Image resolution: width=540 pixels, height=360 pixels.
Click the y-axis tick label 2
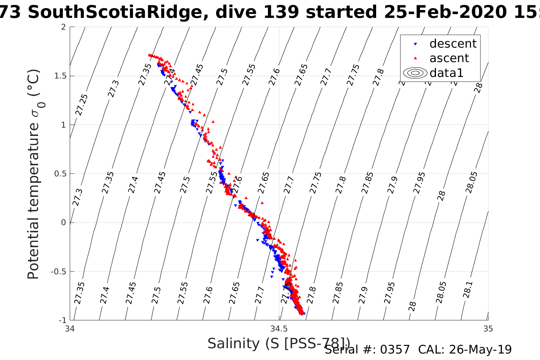63,27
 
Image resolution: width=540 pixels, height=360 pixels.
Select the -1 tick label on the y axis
61,320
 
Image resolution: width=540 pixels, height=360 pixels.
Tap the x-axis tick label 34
70,329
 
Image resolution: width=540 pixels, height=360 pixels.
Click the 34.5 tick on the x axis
279,329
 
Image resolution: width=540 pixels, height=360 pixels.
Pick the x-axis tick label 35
488,329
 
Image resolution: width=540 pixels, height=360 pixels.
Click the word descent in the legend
453,44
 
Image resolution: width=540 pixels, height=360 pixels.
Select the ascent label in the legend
449,58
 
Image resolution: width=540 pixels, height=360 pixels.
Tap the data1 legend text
446,73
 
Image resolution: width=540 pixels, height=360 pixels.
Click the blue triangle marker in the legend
415,44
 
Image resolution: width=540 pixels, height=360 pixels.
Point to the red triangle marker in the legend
415,58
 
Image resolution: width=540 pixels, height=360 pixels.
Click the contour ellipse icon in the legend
415,73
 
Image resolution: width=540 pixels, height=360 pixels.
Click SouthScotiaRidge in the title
114,13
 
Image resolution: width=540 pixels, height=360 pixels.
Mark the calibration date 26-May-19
480,350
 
